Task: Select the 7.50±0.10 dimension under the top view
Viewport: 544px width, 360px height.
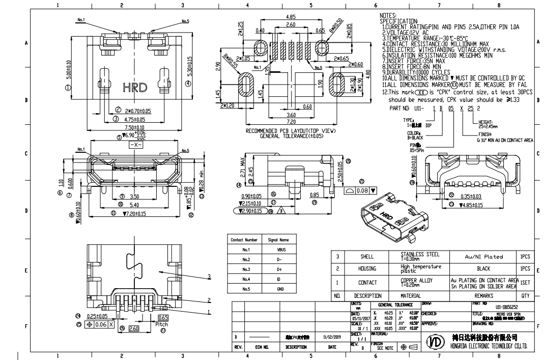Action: click(x=132, y=127)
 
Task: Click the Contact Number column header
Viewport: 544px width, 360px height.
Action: click(x=244, y=240)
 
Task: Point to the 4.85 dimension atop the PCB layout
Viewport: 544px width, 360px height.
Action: click(x=291, y=16)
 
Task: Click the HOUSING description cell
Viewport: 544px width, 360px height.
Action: click(x=367, y=269)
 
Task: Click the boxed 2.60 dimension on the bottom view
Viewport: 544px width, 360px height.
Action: click(x=133, y=329)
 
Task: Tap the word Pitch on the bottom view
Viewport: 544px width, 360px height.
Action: click(x=161, y=324)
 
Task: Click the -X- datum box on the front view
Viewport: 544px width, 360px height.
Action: click(x=135, y=145)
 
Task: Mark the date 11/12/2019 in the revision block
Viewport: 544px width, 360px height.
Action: click(x=332, y=337)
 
